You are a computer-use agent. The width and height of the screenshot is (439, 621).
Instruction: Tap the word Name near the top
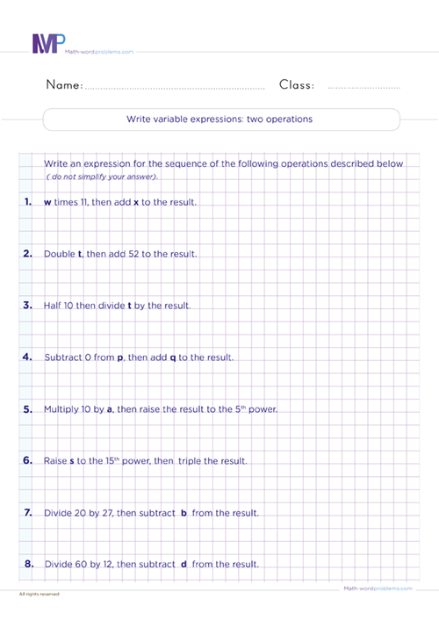pyautogui.click(x=63, y=85)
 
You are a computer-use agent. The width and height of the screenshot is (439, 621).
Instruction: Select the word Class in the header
pyautogui.click(x=297, y=85)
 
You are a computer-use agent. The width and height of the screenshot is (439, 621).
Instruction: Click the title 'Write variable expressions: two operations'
pyautogui.click(x=220, y=119)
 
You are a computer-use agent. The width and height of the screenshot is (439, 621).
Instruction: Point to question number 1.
pyautogui.click(x=27, y=202)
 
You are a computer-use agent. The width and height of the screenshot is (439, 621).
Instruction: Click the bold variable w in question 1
pyautogui.click(x=47, y=203)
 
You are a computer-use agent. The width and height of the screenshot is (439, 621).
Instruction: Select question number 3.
pyautogui.click(x=27, y=306)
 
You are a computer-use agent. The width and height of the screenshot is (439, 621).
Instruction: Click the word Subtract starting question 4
pyautogui.click(x=62, y=357)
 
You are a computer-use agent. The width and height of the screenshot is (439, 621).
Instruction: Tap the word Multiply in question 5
pyautogui.click(x=61, y=409)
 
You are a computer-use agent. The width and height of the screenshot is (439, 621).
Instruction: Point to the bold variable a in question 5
pyautogui.click(x=110, y=410)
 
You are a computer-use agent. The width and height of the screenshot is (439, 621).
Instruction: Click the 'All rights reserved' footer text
pyautogui.click(x=39, y=594)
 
